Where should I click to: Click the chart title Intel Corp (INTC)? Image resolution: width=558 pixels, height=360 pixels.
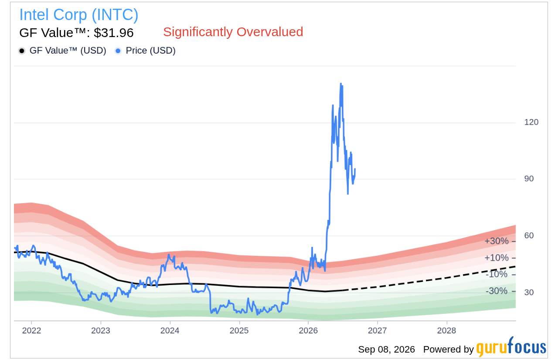point(79,15)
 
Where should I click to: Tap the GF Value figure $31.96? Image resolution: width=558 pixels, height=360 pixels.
point(114,33)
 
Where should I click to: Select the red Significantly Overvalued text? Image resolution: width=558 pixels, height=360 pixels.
point(233,32)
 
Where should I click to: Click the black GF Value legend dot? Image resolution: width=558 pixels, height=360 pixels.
point(22,51)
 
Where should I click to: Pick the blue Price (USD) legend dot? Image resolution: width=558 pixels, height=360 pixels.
point(118,51)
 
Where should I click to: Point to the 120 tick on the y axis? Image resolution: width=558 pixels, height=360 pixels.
point(531,122)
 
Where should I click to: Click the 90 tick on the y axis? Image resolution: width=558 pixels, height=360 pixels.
point(529,179)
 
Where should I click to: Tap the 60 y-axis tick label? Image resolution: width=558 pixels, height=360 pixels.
point(529,235)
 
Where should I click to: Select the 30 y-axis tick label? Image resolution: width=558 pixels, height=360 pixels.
point(529,292)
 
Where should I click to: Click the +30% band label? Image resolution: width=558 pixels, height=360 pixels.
point(496,241)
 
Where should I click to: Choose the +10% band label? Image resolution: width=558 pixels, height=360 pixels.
point(496,258)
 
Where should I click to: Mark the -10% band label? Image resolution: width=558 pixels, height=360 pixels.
point(497,274)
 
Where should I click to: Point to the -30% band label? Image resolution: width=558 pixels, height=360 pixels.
point(497,291)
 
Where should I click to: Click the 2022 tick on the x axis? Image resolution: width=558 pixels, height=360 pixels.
point(31,330)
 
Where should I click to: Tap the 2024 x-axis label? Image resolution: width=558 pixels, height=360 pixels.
point(170,330)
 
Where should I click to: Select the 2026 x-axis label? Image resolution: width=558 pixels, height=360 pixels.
point(308,330)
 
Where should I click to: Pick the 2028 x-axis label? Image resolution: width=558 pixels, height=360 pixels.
point(447,330)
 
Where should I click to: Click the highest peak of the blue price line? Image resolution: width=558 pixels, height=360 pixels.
point(340,83)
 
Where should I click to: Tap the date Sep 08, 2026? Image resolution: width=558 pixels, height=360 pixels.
point(386,349)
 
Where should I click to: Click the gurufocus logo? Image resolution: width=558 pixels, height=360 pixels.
point(511,346)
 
